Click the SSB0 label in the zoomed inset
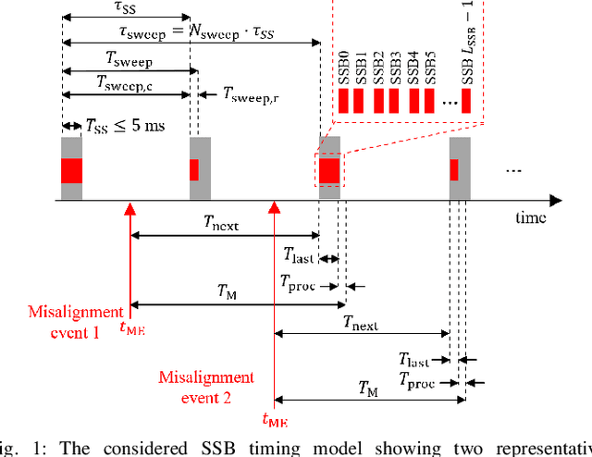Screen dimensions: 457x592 [342, 66]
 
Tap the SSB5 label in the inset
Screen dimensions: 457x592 [429, 66]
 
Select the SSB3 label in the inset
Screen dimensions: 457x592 [394, 66]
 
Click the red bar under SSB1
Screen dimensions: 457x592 [360, 101]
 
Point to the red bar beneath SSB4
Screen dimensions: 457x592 [413, 101]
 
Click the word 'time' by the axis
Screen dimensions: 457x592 [531, 217]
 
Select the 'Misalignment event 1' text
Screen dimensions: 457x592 [64, 321]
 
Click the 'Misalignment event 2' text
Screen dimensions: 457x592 [205, 387]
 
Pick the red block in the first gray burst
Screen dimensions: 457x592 [71, 170]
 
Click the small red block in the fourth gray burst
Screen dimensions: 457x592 [454, 170]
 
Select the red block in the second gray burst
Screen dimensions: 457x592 [194, 170]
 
